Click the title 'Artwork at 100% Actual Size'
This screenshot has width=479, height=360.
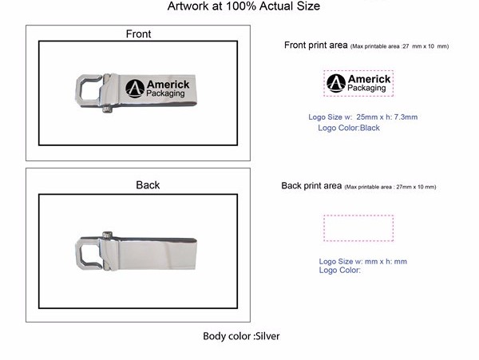click(x=243, y=6)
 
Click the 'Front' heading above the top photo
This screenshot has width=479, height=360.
click(x=138, y=34)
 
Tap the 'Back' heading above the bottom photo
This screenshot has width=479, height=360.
click(x=148, y=184)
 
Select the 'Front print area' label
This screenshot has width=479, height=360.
click(x=316, y=45)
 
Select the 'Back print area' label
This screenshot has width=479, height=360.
click(x=311, y=186)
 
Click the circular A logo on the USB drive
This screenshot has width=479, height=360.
click(x=135, y=89)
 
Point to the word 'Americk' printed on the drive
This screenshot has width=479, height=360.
click(x=168, y=85)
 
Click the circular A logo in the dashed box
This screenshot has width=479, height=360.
click(x=336, y=83)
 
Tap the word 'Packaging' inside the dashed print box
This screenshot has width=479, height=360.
click(x=366, y=88)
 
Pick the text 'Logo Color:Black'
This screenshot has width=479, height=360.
click(x=349, y=128)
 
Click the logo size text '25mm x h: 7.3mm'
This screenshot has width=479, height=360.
click(x=386, y=117)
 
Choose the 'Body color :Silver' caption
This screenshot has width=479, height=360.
click(x=241, y=336)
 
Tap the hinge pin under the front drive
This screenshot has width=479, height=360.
click(x=106, y=109)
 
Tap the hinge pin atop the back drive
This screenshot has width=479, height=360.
click(x=107, y=235)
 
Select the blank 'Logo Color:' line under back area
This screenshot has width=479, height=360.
click(x=340, y=271)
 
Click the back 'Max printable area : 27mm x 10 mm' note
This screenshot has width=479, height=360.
click(x=390, y=187)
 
